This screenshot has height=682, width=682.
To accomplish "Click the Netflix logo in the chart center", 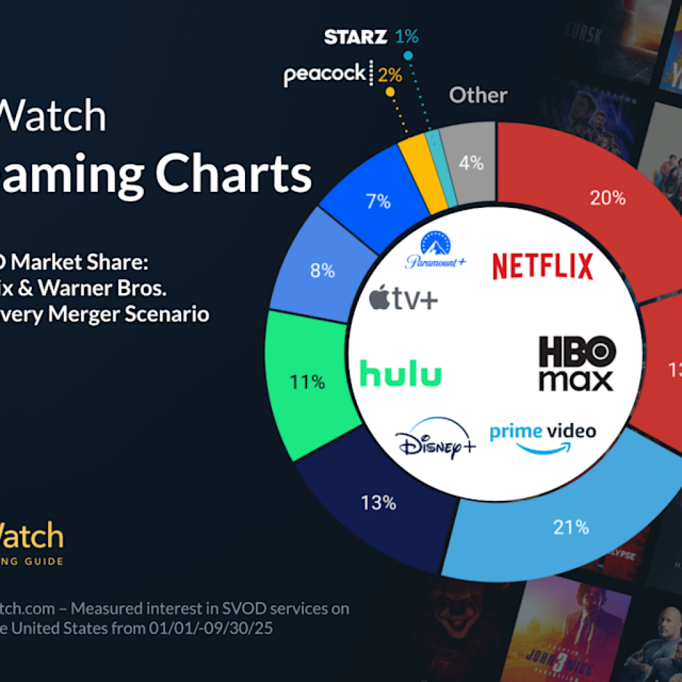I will click(542, 266).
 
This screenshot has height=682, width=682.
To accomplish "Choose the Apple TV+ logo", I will click(404, 300).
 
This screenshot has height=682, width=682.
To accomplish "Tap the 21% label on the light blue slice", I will click(571, 527).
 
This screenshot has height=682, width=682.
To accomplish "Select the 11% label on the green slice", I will click(307, 382).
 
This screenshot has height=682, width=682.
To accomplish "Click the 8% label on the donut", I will click(322, 271).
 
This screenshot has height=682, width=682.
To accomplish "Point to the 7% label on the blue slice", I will click(378, 200).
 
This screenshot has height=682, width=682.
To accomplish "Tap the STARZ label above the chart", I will click(355, 37).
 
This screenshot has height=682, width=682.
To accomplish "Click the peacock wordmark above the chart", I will click(325, 74).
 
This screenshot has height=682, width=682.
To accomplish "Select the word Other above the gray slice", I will click(478, 95).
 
